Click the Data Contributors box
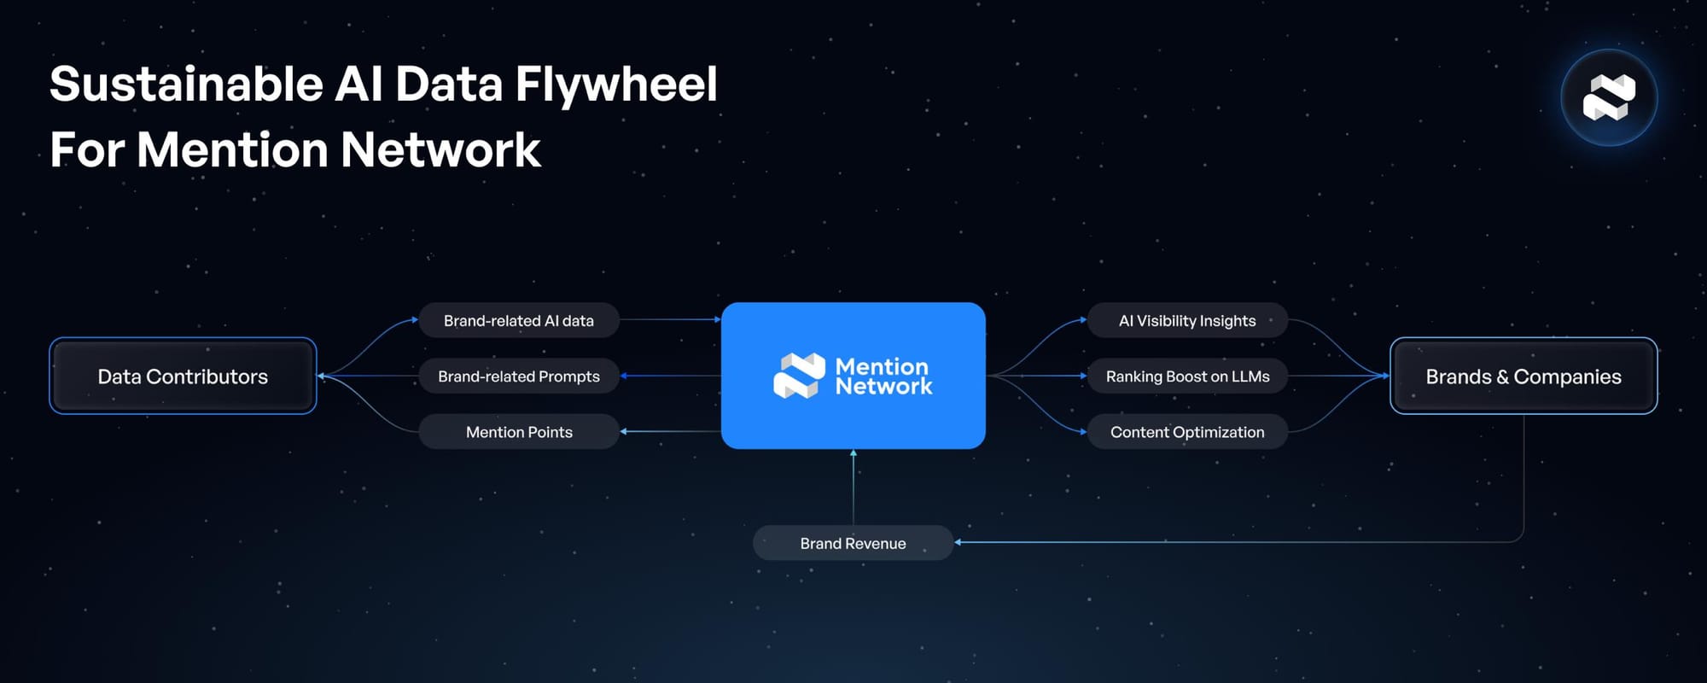coord(183,376)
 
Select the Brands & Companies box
coord(1523,376)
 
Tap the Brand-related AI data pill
coord(518,321)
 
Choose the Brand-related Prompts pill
coord(518,377)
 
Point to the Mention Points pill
coord(518,432)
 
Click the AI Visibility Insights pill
coord(1187,321)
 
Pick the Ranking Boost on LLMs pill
coord(1187,377)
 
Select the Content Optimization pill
coord(1187,432)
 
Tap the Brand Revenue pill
coord(853,543)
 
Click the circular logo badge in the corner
coord(1609,97)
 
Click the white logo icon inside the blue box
coord(799,376)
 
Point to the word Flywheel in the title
coord(616,85)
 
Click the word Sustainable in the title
coord(185,85)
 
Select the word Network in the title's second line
coord(440,150)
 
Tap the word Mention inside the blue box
coord(882,366)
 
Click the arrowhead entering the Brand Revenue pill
coord(958,542)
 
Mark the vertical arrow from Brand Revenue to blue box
coord(853,487)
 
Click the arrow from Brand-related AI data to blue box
coord(670,320)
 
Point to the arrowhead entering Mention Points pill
coord(624,432)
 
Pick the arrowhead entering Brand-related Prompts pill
coord(624,376)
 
